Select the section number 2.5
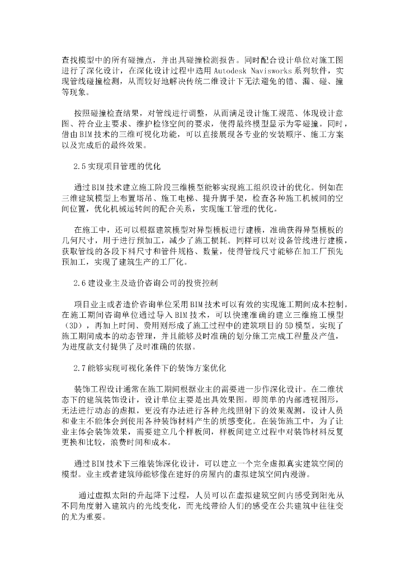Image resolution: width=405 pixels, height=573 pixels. coord(81,166)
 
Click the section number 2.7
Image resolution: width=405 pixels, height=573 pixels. coord(81,368)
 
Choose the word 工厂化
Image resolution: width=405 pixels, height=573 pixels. coord(176,261)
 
